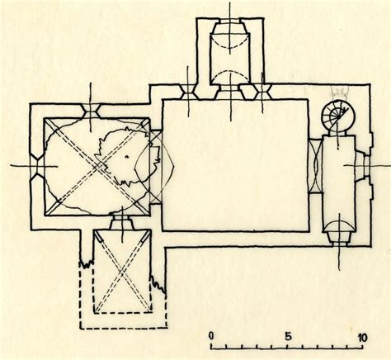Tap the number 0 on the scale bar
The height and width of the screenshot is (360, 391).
(211, 336)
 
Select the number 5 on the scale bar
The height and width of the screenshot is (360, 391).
(288, 336)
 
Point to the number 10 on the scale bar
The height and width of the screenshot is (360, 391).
(363, 338)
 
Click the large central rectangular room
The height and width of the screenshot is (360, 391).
(235, 165)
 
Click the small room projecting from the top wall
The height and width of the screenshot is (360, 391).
(230, 52)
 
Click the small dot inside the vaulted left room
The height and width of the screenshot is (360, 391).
(127, 157)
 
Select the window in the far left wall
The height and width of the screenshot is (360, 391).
(38, 166)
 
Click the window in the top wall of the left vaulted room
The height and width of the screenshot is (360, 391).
(91, 111)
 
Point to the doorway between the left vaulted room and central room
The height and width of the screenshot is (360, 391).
(156, 167)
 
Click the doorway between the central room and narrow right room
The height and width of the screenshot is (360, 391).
(316, 167)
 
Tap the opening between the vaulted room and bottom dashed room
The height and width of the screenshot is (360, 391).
(122, 222)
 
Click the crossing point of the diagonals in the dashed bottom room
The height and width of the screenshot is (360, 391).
(122, 272)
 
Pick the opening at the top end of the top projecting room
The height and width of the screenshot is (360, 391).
(230, 21)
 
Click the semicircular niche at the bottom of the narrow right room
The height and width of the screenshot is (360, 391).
(339, 231)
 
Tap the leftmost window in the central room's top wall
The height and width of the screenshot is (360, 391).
(188, 92)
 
